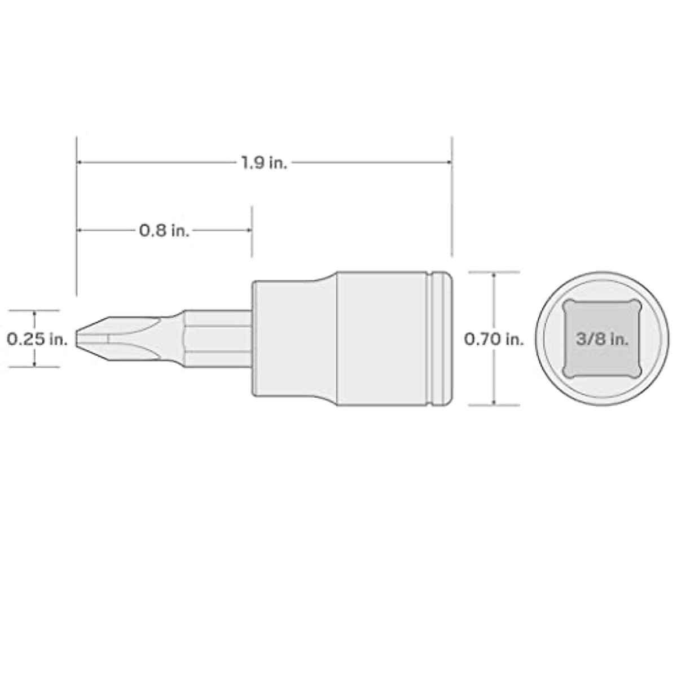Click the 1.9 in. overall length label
coord(264,163)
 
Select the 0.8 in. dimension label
coord(164,230)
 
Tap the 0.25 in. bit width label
coord(37,339)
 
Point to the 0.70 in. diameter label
coord(494,339)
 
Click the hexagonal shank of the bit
coord(217,338)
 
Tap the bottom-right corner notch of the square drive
coord(638,372)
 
